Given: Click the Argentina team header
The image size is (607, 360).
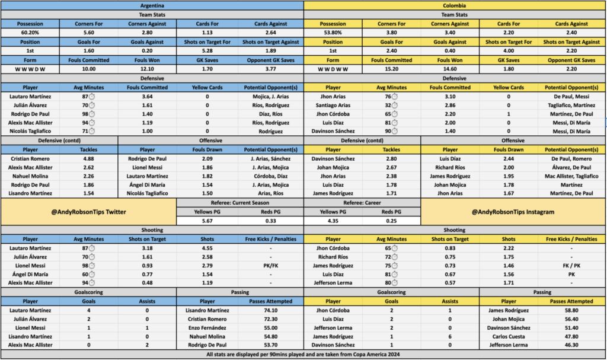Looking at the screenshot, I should (x=152, y=5).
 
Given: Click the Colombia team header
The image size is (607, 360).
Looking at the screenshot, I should (x=455, y=5).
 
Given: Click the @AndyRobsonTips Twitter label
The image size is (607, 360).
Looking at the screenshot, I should (x=89, y=212).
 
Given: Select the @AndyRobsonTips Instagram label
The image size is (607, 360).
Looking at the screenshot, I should (x=513, y=212).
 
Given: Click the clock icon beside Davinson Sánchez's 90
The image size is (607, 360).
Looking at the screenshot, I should (x=395, y=131).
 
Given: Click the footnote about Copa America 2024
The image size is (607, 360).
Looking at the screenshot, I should (x=303, y=354).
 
